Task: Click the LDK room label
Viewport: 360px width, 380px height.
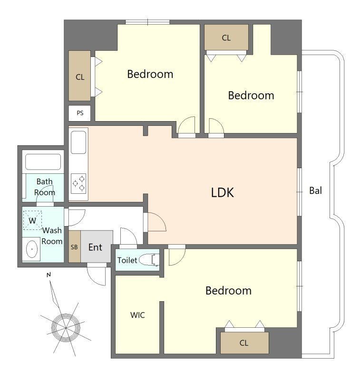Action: click(x=223, y=193)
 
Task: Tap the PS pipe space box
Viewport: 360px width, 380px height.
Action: click(x=79, y=113)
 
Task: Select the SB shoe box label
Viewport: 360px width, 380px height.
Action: click(x=74, y=247)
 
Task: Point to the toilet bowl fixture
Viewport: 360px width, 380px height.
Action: click(x=149, y=260)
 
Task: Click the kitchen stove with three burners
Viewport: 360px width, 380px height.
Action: click(x=78, y=183)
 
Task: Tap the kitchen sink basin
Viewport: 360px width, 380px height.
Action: click(x=78, y=142)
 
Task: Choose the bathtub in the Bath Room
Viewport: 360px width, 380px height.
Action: click(x=43, y=162)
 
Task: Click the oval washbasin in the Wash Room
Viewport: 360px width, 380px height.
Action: click(x=32, y=249)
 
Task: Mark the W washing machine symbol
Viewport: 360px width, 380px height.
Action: click(x=32, y=220)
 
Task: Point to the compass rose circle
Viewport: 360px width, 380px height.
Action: click(x=66, y=328)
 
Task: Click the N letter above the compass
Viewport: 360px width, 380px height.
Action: click(x=49, y=275)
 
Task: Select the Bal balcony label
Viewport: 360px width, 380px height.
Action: click(x=316, y=190)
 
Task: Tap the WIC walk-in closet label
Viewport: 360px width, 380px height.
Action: click(x=137, y=315)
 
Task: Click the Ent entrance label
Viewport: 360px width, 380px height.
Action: click(x=95, y=247)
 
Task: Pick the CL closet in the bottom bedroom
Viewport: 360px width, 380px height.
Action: click(x=244, y=343)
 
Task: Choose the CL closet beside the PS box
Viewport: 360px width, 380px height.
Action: click(x=79, y=76)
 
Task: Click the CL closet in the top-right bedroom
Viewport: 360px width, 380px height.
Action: click(x=226, y=38)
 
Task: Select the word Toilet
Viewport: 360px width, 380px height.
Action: click(x=127, y=260)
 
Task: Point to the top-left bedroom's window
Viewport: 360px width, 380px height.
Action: click(x=147, y=22)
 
